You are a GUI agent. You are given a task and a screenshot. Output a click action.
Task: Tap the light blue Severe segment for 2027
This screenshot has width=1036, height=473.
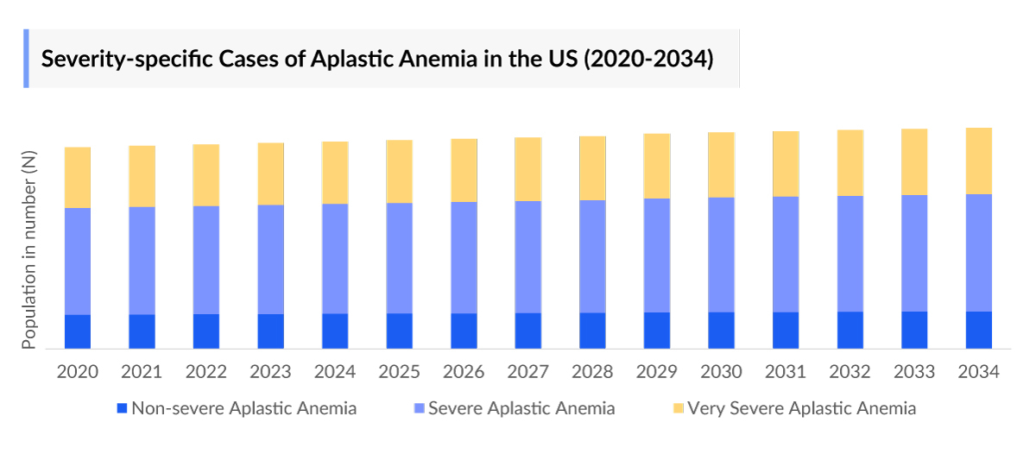point(528,256)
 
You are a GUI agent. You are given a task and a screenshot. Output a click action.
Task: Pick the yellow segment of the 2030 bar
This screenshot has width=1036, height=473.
point(721,165)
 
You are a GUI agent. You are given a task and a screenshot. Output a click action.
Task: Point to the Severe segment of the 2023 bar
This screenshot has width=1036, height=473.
point(271,259)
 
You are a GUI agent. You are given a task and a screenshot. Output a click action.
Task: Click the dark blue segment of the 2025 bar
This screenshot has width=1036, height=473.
point(400,331)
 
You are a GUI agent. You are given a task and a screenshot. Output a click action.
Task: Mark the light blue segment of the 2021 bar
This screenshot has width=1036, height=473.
point(142,261)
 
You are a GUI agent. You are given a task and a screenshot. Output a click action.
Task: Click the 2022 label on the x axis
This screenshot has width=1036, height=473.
point(206,372)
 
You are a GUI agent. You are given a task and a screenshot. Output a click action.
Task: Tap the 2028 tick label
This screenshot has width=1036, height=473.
point(592,372)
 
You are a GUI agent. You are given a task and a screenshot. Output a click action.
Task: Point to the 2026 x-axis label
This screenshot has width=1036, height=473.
point(464,372)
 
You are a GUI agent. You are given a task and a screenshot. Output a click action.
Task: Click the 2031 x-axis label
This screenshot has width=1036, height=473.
point(786,372)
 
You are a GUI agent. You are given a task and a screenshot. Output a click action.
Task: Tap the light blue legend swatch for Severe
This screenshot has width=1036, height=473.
point(419,408)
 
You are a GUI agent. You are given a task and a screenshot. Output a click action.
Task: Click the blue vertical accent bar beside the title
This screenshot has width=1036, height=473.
point(26,59)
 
